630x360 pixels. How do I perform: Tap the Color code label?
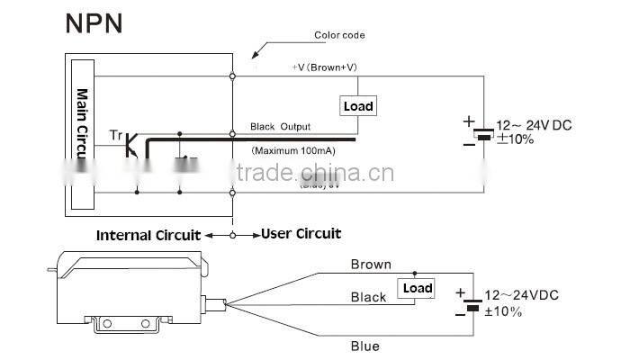339,36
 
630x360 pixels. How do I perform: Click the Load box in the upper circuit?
358,106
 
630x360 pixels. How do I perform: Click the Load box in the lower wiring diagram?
417,288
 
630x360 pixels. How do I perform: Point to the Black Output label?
281,127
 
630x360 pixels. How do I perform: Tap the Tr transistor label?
115,135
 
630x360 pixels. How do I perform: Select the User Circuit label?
301,234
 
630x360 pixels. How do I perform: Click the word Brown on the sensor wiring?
371,265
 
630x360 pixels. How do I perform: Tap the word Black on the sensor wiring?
368,297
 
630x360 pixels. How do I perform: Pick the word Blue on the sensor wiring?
365,346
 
